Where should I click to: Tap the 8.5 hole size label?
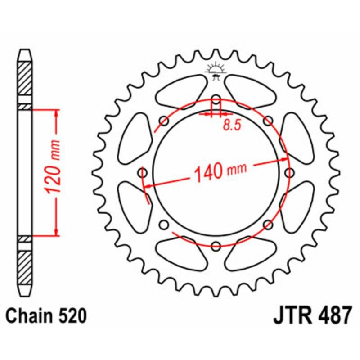[231, 126]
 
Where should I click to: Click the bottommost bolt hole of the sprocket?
[216, 246]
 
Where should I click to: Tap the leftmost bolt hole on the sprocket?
[143, 173]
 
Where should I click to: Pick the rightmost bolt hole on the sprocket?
[289, 172]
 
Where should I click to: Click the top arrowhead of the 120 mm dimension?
[56, 112]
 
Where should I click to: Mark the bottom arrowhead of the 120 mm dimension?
[56, 232]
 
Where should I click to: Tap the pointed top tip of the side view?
[25, 51]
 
